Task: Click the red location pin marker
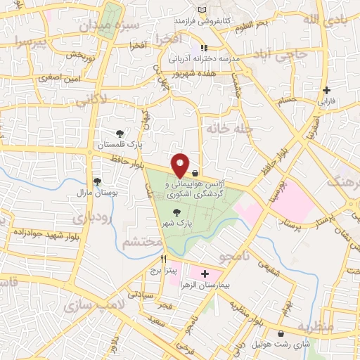pyautogui.click(x=181, y=165)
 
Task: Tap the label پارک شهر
pyautogui.click(x=176, y=223)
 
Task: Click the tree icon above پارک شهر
pyautogui.click(x=176, y=212)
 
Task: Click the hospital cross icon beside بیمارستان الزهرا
pyautogui.click(x=205, y=273)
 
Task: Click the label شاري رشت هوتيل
pyautogui.click(x=282, y=345)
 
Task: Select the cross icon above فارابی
pyautogui.click(x=326, y=90)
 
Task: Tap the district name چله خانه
pyautogui.click(x=228, y=128)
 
